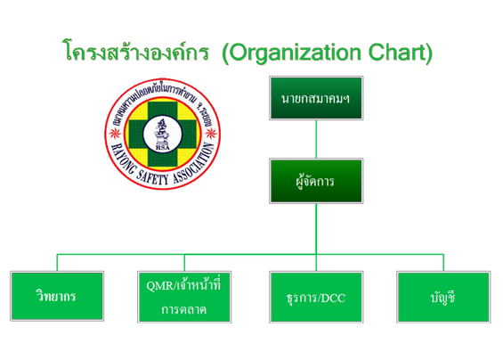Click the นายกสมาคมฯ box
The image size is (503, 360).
316,98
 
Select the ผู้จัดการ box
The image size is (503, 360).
316,181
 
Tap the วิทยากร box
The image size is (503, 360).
57,296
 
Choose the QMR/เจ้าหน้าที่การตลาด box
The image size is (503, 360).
184,297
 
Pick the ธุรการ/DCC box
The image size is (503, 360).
316,297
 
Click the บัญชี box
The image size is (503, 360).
443,297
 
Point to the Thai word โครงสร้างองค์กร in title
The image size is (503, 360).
135,50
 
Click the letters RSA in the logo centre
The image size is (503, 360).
163,147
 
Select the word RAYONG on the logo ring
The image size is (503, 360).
122,160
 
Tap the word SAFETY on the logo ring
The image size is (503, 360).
152,177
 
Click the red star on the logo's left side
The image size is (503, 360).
115,133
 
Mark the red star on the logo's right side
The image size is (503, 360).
211,133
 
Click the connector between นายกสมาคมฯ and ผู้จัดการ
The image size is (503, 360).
316,139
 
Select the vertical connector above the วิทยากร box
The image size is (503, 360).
57,263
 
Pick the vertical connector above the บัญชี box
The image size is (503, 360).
443,263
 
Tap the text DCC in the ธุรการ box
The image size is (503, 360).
333,299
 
